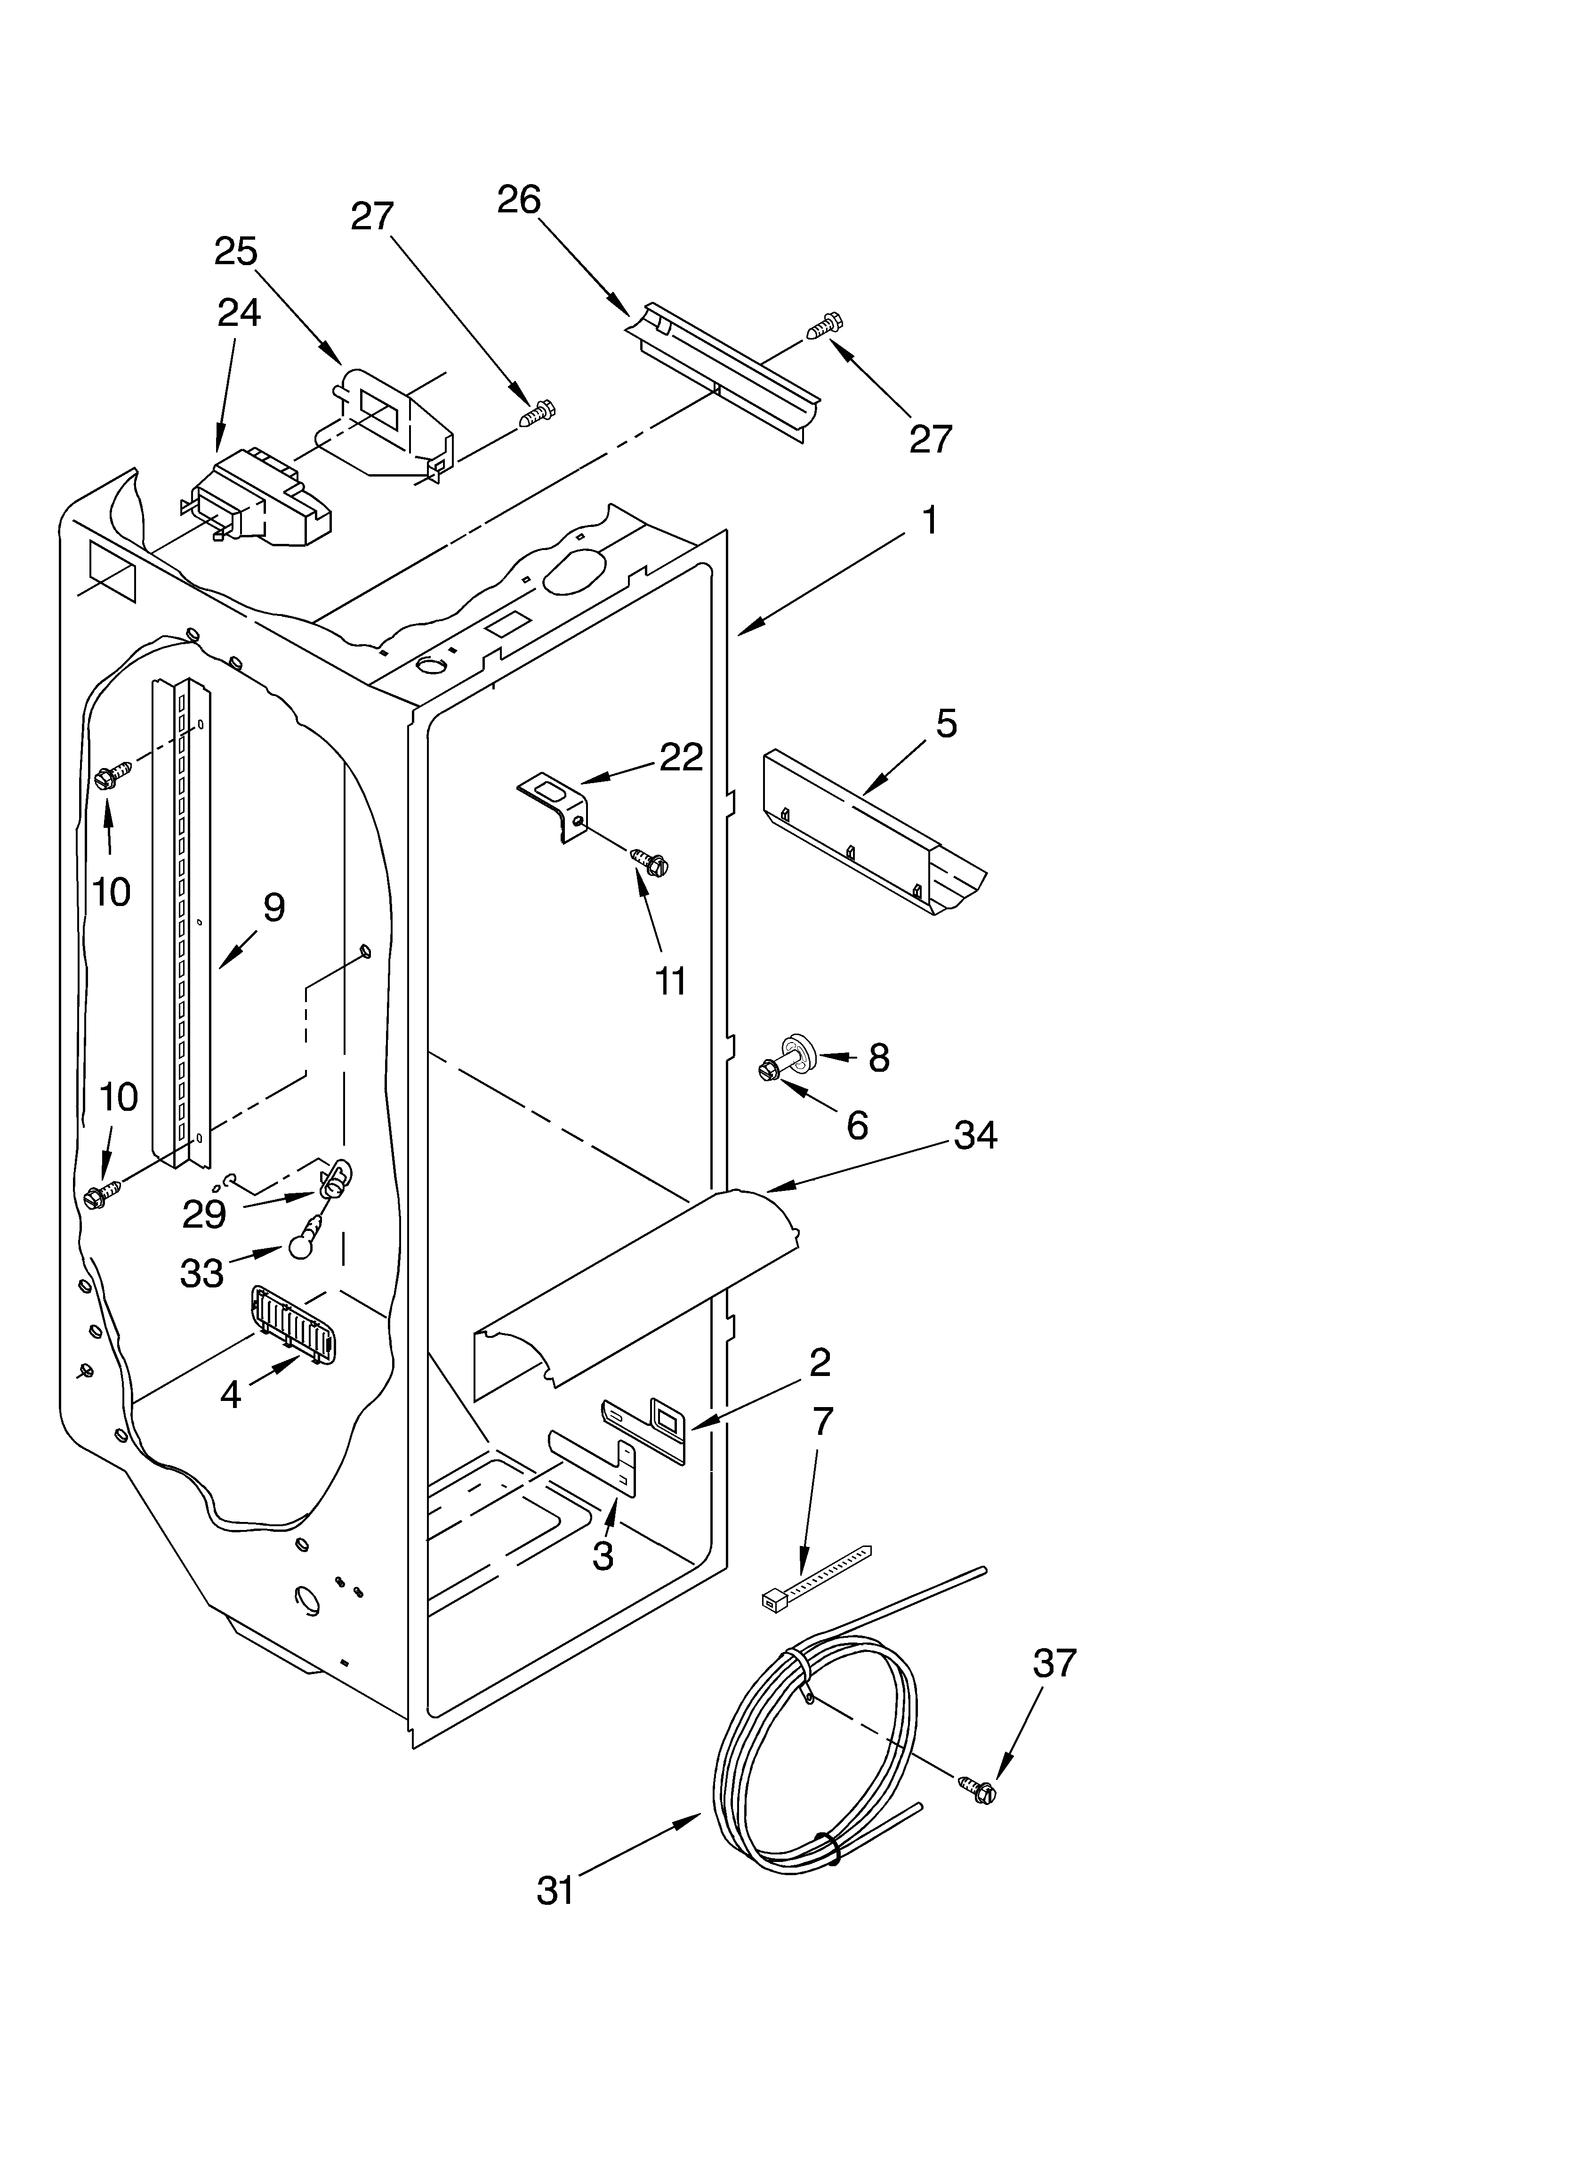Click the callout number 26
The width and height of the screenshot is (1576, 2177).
pyautogui.click(x=519, y=200)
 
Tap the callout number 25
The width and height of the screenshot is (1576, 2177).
pyautogui.click(x=236, y=251)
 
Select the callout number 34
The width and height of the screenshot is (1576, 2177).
pyautogui.click(x=975, y=1135)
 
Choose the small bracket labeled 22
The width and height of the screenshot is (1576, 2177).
pyautogui.click(x=555, y=806)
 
